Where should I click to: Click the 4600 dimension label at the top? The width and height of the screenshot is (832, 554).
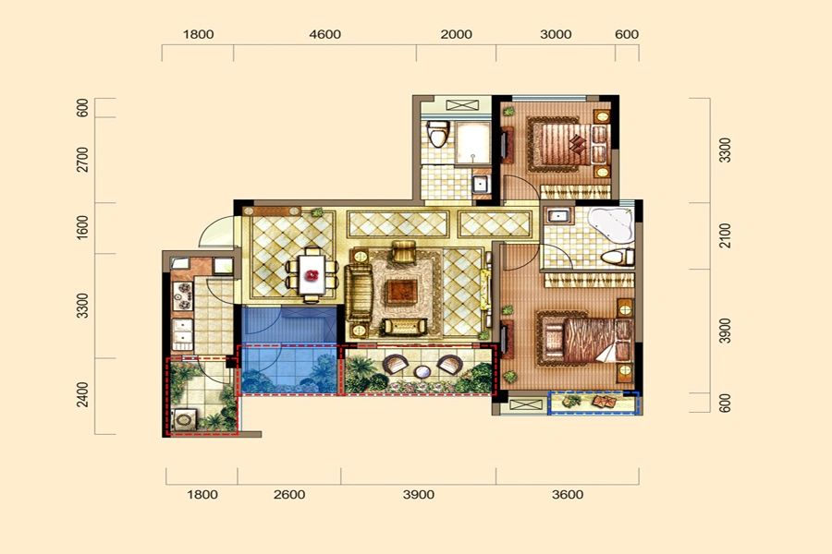pyautogui.click(x=324, y=34)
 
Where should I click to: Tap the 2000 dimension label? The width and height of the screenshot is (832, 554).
pyautogui.click(x=457, y=34)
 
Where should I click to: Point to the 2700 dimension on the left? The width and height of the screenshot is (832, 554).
pyautogui.click(x=83, y=160)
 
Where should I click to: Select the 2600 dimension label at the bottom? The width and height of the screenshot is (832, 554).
pyautogui.click(x=289, y=495)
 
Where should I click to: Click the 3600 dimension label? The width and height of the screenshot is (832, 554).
pyautogui.click(x=568, y=495)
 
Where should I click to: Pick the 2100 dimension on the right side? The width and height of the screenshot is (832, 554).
pyautogui.click(x=725, y=235)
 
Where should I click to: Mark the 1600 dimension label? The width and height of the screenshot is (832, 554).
pyautogui.click(x=83, y=227)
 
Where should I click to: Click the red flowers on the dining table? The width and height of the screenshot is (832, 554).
pyautogui.click(x=312, y=275)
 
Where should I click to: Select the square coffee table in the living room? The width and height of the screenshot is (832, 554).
pyautogui.click(x=402, y=291)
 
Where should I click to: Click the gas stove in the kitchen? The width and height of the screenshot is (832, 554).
pyautogui.click(x=183, y=295)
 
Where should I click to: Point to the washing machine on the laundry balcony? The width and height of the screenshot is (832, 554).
pyautogui.click(x=183, y=419)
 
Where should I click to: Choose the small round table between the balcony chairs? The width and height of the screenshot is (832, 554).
pyautogui.click(x=422, y=371)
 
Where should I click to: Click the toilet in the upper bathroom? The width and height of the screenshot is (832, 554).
pyautogui.click(x=438, y=134)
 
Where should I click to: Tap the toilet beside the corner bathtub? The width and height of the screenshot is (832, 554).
pyautogui.click(x=618, y=257)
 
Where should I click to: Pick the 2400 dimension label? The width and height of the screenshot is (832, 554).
pyautogui.click(x=83, y=394)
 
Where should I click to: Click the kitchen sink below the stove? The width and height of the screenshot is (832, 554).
pyautogui.click(x=182, y=333)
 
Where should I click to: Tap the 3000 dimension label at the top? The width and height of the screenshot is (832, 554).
pyautogui.click(x=556, y=34)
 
